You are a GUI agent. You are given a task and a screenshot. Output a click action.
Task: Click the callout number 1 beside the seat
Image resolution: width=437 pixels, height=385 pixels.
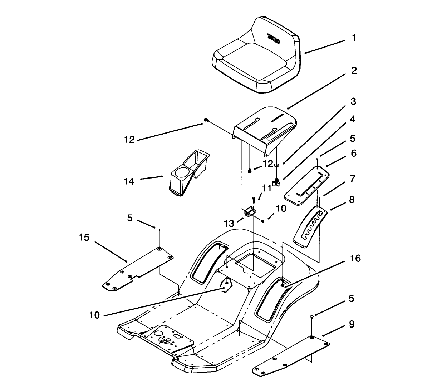tap(354, 38)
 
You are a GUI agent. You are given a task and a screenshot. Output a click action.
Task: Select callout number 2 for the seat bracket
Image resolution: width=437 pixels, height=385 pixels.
tap(354, 70)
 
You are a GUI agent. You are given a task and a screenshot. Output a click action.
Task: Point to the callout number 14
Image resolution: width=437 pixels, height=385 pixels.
tap(129, 182)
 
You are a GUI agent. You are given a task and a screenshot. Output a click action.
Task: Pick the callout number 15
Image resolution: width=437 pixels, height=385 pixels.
tap(84, 237)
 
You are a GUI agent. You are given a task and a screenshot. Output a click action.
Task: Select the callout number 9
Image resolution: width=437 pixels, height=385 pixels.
tap(352, 324)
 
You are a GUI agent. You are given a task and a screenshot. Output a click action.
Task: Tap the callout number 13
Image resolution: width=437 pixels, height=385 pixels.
tap(229, 224)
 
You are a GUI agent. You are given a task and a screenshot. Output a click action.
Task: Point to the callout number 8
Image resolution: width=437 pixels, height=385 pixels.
tap(352, 199)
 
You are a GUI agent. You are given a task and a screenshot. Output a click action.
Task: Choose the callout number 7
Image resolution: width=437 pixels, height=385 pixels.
tap(352, 179)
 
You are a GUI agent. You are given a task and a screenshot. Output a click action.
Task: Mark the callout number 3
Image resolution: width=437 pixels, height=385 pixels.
tap(353, 101)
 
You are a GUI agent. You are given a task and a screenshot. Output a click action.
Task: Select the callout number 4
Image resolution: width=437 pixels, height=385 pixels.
tap(352, 119)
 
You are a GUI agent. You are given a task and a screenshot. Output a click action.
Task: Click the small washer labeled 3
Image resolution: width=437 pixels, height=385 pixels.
tap(277, 165)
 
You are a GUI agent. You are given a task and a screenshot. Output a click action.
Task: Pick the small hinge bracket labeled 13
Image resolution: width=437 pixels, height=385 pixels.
tap(250, 211)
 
